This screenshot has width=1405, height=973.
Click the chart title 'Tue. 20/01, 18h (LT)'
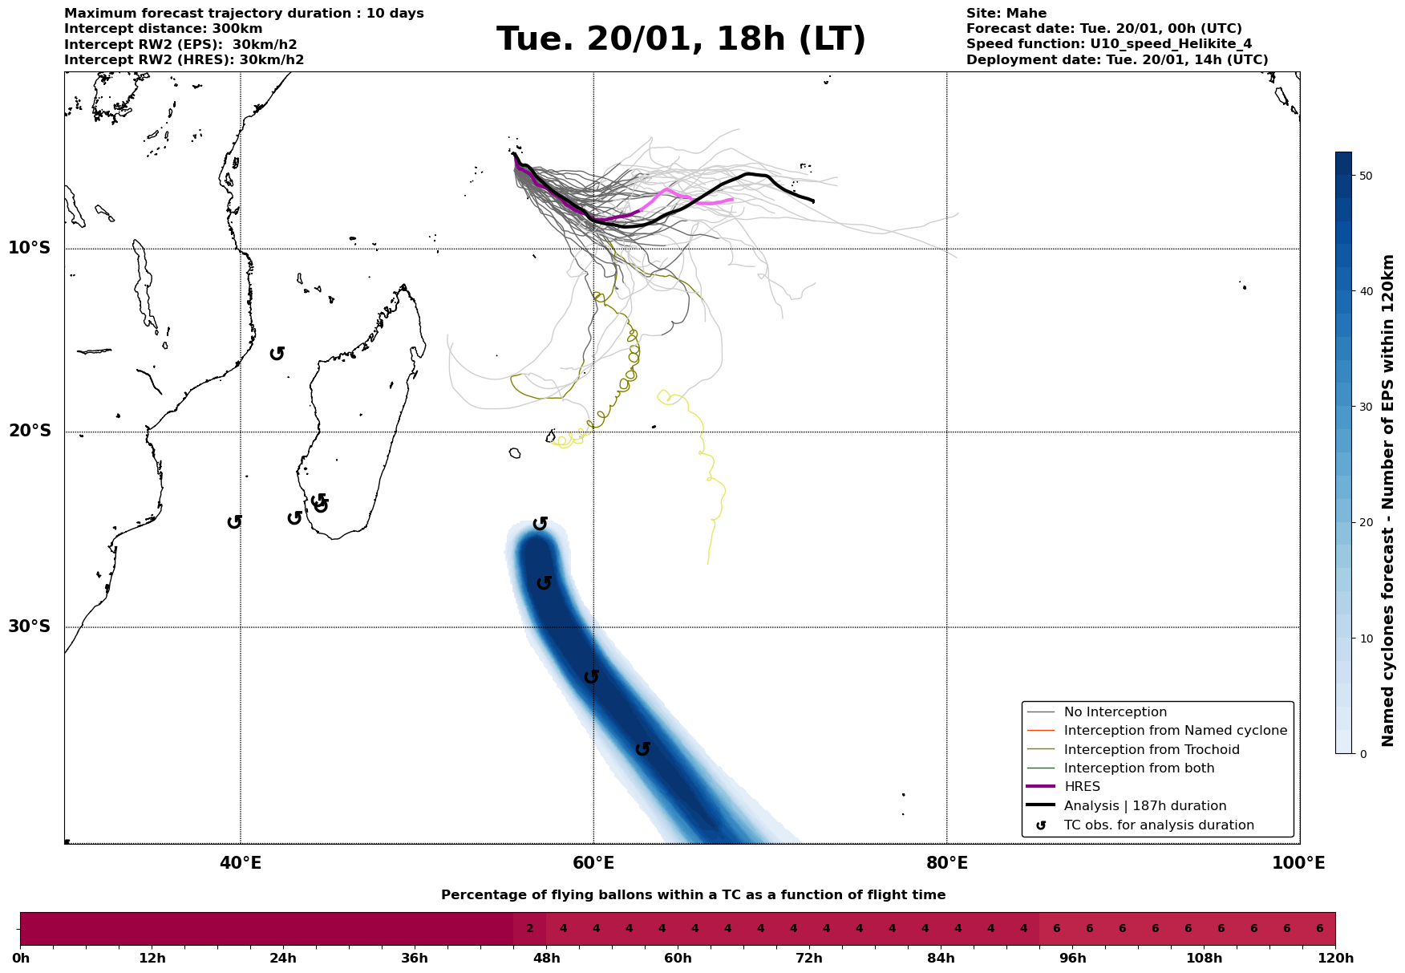(681, 39)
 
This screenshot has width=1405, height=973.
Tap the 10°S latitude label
(30, 248)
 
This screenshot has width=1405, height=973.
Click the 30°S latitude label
(30, 626)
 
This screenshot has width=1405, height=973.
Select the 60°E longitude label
(593, 863)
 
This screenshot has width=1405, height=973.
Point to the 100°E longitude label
(1298, 863)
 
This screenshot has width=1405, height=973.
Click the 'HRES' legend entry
(1082, 787)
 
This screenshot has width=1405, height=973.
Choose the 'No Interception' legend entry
(1115, 712)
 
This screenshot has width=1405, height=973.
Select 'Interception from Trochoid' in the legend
(1151, 750)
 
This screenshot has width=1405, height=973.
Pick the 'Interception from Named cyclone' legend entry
(1175, 731)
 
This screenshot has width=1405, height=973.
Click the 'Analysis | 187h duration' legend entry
(1144, 806)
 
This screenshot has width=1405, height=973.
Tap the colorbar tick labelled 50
(1364, 176)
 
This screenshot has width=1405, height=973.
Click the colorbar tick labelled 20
(1364, 523)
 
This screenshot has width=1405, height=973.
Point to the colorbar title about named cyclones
(1389, 501)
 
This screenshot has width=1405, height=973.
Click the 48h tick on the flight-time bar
(546, 959)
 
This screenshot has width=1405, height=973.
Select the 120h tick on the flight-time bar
(1335, 959)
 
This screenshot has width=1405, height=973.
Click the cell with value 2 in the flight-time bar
(529, 929)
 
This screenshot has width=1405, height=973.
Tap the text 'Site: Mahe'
(1006, 14)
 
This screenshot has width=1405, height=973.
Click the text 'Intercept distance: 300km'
(163, 29)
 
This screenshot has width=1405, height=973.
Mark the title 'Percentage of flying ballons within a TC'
(693, 895)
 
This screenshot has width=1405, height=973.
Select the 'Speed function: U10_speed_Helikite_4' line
(1108, 44)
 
